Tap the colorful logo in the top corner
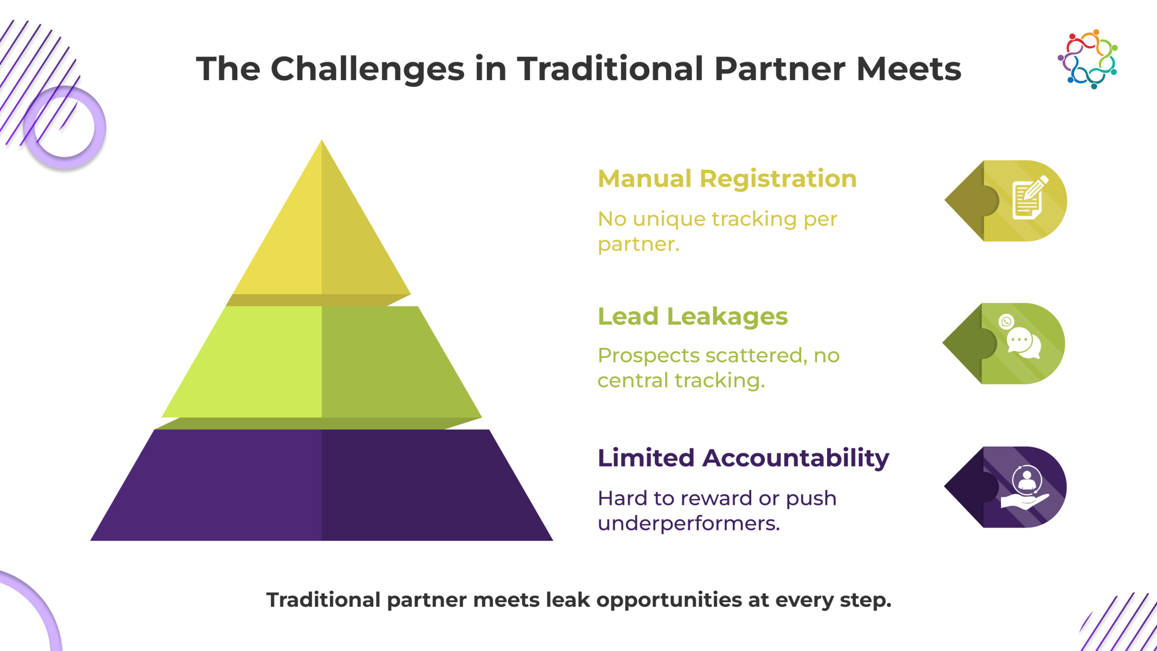click(x=1088, y=59)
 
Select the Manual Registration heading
click(x=727, y=179)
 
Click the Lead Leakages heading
click(x=692, y=316)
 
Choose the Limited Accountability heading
click(x=743, y=458)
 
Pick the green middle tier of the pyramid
click(x=321, y=362)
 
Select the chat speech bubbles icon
click(x=1023, y=343)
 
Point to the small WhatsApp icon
click(x=1006, y=321)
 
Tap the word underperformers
click(x=688, y=524)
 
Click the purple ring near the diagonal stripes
click(x=65, y=127)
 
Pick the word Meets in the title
click(x=908, y=69)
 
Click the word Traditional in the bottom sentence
click(x=323, y=600)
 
